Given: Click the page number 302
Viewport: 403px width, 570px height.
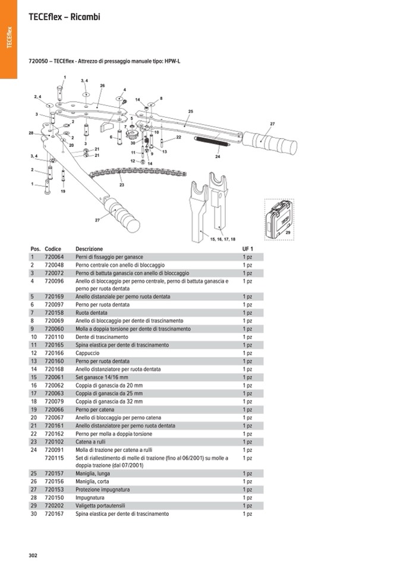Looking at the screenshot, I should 33,555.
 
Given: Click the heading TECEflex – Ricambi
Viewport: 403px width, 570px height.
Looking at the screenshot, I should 64,17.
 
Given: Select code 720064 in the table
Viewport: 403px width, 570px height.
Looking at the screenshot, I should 54,257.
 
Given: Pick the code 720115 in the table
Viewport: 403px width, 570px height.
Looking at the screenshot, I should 54,458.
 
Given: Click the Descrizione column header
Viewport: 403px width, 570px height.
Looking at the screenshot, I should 89,248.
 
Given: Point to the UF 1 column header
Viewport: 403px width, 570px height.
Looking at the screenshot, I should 247,248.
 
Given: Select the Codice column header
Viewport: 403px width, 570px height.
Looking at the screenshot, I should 53,248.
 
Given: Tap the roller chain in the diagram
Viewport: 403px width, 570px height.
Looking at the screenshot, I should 137,174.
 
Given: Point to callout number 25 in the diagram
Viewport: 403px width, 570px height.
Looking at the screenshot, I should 191,112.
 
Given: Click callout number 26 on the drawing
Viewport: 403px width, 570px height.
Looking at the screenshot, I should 102,86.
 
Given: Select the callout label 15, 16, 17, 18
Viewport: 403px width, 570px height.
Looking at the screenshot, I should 223,238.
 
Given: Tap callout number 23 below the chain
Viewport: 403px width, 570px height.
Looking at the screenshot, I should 122,185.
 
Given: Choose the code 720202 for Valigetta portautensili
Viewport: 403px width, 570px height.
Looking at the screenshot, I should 54,506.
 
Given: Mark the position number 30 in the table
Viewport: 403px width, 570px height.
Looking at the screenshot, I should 34,514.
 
